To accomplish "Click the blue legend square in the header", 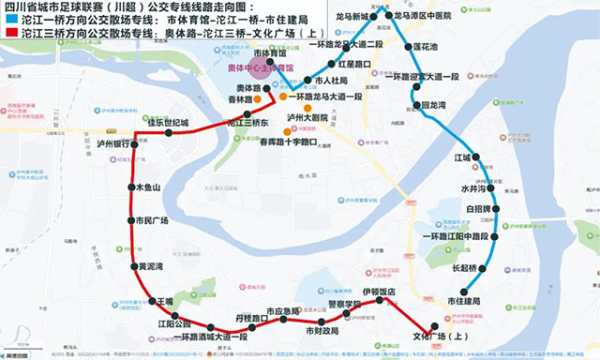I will [x=8, y=19].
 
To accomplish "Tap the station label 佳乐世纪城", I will [x=169, y=122].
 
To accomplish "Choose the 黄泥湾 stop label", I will [x=151, y=266].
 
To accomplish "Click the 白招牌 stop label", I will [x=478, y=207].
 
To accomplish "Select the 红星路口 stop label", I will [x=352, y=64].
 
